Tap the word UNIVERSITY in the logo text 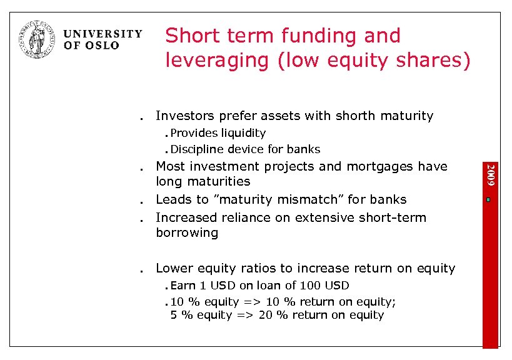pyautogui.click(x=103, y=34)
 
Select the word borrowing pyautogui.click(x=187, y=233)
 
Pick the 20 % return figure pyautogui.click(x=267, y=315)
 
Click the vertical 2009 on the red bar pyautogui.click(x=491, y=173)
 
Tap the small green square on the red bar pyautogui.click(x=491, y=200)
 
